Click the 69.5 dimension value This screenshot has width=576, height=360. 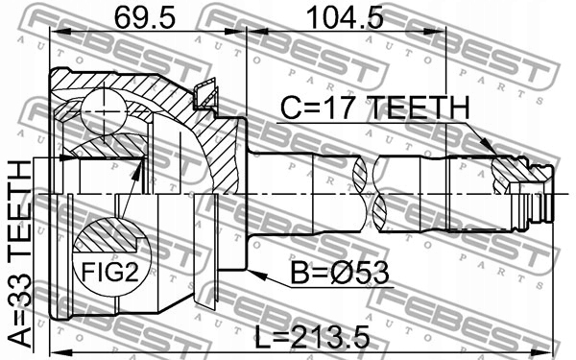pyautogui.click(x=144, y=17)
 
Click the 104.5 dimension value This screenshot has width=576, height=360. pyautogui.click(x=345, y=17)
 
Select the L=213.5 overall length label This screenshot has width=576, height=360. pyautogui.click(x=311, y=339)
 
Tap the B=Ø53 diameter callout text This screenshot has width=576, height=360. pyautogui.click(x=340, y=273)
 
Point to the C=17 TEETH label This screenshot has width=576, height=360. pyautogui.click(x=375, y=108)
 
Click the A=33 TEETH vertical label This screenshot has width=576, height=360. pyautogui.click(x=19, y=254)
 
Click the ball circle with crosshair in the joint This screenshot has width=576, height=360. pyautogui.click(x=105, y=111)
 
